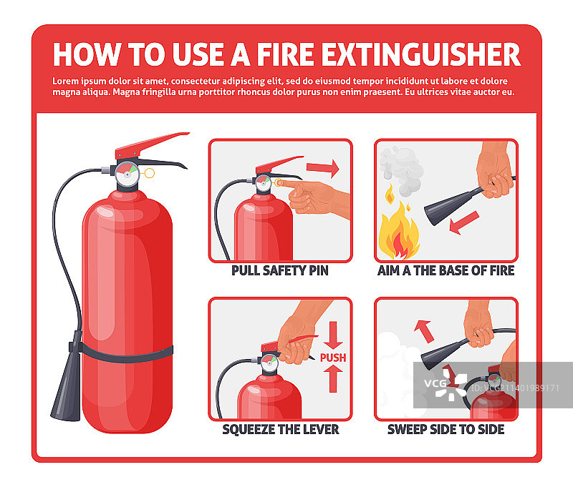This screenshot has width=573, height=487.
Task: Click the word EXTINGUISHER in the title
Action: (x=421, y=55)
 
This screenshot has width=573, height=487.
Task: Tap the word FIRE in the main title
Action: (x=285, y=55)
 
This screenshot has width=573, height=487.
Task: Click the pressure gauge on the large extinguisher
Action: (x=127, y=174)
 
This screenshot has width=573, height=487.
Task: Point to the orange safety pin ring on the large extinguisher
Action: (x=150, y=173)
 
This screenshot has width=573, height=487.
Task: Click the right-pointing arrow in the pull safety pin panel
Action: (x=323, y=168)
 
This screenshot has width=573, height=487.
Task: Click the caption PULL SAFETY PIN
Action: (x=280, y=271)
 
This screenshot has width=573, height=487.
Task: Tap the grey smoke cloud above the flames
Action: (x=401, y=169)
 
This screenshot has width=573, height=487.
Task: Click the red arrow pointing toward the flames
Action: (x=463, y=222)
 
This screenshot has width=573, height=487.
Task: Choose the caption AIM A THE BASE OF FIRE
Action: (x=446, y=271)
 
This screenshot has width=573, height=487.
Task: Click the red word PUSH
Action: (x=333, y=358)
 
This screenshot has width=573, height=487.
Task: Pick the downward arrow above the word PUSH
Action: (x=333, y=335)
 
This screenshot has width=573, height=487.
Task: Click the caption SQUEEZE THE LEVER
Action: (x=281, y=429)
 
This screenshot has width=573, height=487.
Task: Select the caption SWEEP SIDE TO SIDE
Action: (x=446, y=429)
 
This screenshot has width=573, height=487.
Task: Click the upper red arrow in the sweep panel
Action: (x=424, y=330)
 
